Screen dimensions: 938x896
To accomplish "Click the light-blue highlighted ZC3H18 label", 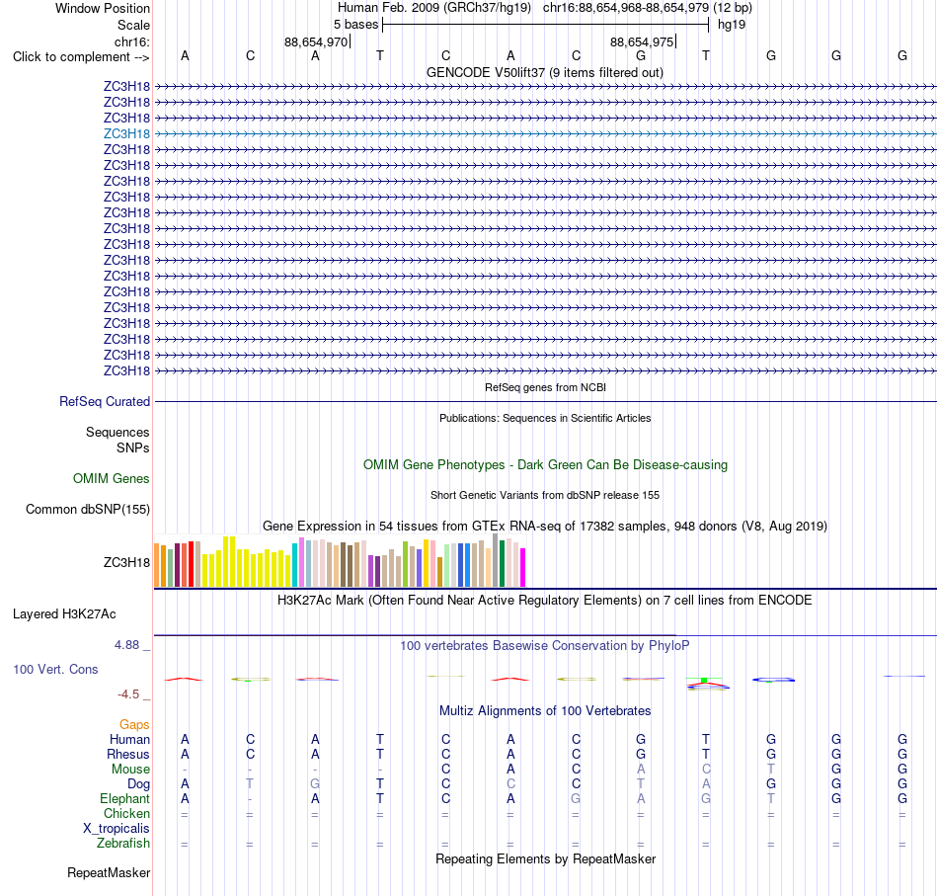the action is [126, 133].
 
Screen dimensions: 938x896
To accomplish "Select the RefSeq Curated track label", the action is [105, 402].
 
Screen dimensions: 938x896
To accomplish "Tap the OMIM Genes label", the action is [112, 478].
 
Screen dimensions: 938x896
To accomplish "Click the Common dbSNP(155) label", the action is [88, 510].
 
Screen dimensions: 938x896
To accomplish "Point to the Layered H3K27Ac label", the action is [64, 614].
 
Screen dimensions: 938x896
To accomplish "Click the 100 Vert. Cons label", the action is [55, 669].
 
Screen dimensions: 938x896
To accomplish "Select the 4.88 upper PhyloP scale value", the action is [126, 645].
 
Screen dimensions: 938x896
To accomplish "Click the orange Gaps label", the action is [134, 725].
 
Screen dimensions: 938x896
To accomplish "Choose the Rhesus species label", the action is [128, 754].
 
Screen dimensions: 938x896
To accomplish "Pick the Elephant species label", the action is [125, 798].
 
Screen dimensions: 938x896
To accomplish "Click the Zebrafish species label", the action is [123, 843].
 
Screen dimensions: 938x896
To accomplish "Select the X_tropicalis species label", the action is [117, 829].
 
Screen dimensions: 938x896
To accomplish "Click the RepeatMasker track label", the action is [109, 872].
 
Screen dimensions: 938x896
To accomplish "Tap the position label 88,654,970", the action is [316, 41].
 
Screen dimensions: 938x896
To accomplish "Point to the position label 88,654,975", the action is [642, 41].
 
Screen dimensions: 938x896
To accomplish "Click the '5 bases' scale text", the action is [355, 25].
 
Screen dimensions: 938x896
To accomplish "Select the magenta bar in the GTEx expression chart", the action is [523, 567].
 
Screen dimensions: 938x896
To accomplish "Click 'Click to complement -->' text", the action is [81, 57].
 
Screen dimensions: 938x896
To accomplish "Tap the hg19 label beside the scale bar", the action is [732, 25].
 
